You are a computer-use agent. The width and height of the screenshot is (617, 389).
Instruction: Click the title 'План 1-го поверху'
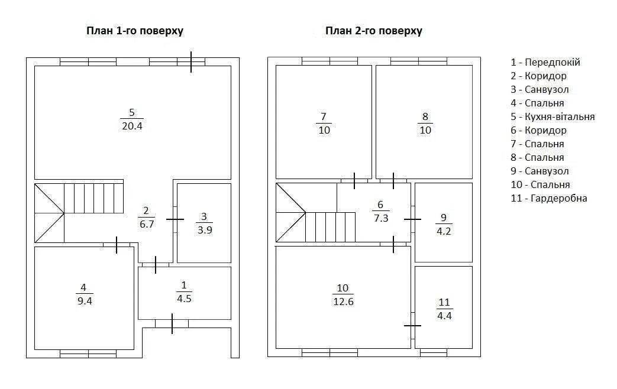(x=135, y=31)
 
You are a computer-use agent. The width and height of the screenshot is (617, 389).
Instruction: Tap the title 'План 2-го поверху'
(x=374, y=31)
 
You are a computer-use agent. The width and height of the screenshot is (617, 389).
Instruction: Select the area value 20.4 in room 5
(x=132, y=127)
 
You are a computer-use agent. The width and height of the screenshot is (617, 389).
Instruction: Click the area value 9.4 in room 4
(x=85, y=302)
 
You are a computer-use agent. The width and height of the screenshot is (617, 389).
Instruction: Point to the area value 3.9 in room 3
(x=205, y=230)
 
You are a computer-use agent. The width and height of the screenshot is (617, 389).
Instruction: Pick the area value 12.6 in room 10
(x=343, y=302)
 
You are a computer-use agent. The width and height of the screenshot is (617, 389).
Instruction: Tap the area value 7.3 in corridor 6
(x=381, y=218)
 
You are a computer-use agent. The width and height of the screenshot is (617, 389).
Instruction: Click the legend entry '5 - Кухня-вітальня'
(x=553, y=117)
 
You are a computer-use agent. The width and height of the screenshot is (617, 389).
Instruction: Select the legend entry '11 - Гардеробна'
(x=549, y=198)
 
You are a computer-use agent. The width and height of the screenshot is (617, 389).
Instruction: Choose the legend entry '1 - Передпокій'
(x=545, y=62)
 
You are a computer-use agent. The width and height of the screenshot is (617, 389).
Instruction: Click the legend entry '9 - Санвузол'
(x=540, y=171)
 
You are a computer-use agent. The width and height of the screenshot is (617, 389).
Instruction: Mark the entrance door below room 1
(x=172, y=324)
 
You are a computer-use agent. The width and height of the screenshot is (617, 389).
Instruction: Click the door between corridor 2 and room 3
(x=175, y=219)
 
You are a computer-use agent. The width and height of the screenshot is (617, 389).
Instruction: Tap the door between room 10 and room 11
(x=412, y=326)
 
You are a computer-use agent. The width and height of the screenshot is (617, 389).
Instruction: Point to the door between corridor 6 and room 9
(x=412, y=219)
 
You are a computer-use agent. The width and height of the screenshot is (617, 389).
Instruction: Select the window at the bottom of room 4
(x=88, y=354)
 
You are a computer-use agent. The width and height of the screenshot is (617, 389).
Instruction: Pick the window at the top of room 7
(x=330, y=61)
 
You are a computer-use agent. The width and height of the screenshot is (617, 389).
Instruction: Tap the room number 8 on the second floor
(x=425, y=117)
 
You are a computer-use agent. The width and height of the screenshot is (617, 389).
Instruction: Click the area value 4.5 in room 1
(x=184, y=299)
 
